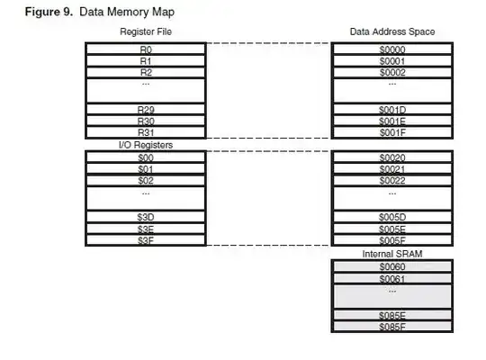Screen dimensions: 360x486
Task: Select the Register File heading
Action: [x=146, y=31]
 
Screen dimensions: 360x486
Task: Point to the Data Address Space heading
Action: [x=391, y=31]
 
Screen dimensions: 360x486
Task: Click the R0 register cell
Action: [x=146, y=49]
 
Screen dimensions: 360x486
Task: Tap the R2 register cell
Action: [x=146, y=72]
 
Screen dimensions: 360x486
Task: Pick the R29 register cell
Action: [x=146, y=109]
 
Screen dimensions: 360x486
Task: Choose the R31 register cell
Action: [x=146, y=132]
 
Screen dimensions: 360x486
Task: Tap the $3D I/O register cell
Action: [x=146, y=217]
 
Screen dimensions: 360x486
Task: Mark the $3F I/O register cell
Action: [x=146, y=240]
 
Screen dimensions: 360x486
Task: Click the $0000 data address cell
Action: [x=391, y=49]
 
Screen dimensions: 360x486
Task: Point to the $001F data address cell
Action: [x=391, y=132]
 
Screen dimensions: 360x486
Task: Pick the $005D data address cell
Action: [x=391, y=217]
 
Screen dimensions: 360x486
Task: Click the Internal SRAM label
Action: [x=391, y=255]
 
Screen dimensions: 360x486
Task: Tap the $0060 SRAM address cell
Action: [x=391, y=267]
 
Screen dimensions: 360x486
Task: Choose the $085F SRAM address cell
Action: [x=391, y=327]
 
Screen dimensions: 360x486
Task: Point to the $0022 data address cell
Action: [x=391, y=180]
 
